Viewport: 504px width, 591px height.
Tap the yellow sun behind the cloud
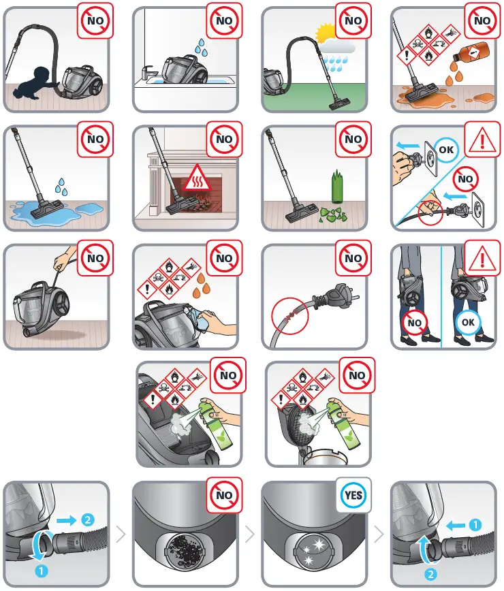[x=326, y=32]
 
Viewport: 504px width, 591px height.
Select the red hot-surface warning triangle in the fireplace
[x=198, y=178]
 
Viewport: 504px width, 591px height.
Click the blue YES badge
[x=353, y=495]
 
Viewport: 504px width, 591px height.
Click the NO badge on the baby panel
[x=95, y=20]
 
